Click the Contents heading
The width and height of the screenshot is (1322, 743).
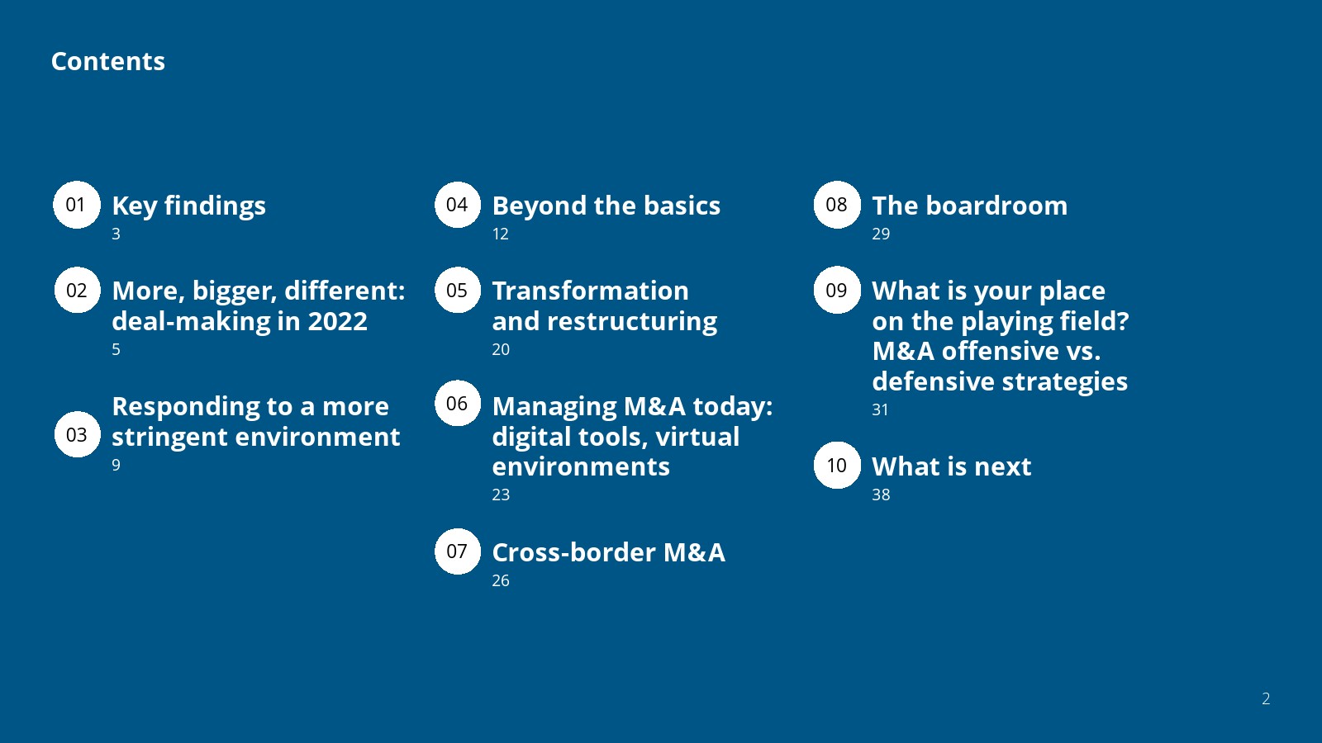click(108, 61)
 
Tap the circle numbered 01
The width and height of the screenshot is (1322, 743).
click(77, 205)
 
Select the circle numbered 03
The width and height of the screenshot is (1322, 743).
click(78, 434)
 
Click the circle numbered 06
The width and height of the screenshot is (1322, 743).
click(458, 404)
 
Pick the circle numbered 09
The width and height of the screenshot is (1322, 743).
click(837, 290)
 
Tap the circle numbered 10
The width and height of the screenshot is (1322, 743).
click(837, 466)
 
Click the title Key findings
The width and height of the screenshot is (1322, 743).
click(189, 206)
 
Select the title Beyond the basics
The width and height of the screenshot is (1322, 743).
click(606, 206)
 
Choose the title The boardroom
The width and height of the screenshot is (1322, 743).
click(970, 206)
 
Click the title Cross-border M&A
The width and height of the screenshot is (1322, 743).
click(608, 552)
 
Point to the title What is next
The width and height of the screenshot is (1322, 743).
click(951, 466)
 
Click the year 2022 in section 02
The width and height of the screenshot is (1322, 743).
click(338, 321)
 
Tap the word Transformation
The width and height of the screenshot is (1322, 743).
click(590, 291)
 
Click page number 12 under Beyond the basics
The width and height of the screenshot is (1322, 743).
click(501, 234)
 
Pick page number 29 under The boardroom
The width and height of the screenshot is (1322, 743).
click(881, 234)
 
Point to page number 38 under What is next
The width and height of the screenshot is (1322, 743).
click(881, 495)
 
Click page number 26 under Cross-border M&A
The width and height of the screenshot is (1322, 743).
click(501, 581)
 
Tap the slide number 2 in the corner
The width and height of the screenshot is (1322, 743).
click(1265, 698)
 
